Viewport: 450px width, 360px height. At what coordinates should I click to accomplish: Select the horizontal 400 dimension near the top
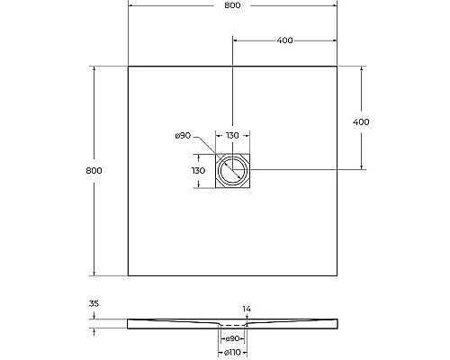(x=285, y=40)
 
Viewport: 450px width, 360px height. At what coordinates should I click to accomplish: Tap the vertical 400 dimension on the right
(x=361, y=121)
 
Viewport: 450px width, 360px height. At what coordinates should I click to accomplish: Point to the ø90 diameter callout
(x=182, y=136)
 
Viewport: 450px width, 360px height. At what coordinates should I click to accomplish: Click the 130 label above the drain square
(x=232, y=136)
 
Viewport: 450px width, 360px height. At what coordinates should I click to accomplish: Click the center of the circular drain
(x=233, y=169)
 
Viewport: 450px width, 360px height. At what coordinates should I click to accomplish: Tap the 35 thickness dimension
(x=94, y=305)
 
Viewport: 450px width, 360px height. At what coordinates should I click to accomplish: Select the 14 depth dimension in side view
(x=247, y=309)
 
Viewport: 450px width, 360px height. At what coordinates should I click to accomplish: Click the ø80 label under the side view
(x=233, y=339)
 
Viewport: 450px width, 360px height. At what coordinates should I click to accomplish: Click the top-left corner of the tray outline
(x=128, y=66)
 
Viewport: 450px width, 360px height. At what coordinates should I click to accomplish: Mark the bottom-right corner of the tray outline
(x=338, y=275)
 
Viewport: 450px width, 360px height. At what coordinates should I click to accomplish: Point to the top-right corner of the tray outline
(x=338, y=66)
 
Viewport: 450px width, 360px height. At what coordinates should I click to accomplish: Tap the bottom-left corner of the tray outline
(x=128, y=275)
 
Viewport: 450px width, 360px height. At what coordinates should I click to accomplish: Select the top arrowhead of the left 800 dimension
(x=94, y=68)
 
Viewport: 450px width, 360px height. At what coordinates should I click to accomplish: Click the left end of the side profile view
(x=129, y=323)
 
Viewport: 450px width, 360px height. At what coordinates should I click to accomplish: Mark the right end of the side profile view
(x=338, y=323)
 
